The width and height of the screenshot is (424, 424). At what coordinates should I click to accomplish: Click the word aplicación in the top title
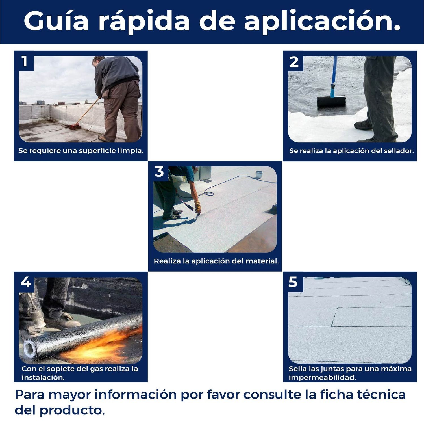(322, 21)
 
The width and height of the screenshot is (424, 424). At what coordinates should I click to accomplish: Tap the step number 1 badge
(25, 61)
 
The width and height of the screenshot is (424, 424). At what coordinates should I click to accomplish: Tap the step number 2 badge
(294, 62)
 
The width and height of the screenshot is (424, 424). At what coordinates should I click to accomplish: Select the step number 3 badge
(159, 172)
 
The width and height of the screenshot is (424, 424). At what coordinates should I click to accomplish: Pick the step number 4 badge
(25, 282)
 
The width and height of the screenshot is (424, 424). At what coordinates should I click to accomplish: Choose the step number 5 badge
(293, 282)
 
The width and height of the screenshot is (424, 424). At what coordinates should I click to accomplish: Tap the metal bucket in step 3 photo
(259, 174)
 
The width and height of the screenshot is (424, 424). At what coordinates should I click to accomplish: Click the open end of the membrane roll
(31, 349)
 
